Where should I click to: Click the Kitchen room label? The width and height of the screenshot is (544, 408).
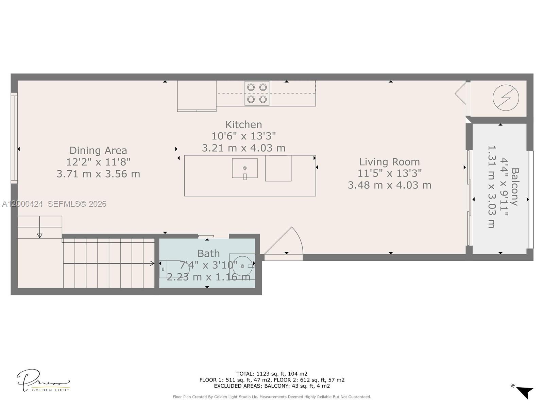pos(243,124)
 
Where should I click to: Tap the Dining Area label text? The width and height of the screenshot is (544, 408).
pos(98,150)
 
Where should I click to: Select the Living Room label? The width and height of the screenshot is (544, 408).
pos(389,162)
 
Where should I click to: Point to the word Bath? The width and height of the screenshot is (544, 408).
pos(208,254)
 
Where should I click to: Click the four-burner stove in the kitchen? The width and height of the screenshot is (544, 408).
pos(257,93)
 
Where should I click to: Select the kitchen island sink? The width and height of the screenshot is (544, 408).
pos(244,168)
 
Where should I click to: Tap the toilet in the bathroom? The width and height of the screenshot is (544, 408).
pos(173,269)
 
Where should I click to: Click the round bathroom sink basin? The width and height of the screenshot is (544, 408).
pos(242,266)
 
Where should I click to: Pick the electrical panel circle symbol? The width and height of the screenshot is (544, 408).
pos(506,98)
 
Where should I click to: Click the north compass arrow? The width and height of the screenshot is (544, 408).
pos(524,392)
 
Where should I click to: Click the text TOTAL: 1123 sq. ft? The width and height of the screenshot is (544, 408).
pos(272,374)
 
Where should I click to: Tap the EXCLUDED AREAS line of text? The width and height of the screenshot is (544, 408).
pos(272,386)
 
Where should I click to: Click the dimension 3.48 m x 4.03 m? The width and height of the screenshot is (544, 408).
pos(389,185)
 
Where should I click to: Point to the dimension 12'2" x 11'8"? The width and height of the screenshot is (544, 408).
pos(98,162)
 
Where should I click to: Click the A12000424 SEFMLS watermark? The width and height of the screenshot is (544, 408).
pos(54,204)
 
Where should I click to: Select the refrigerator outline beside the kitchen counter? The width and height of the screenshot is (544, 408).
pos(197,96)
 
